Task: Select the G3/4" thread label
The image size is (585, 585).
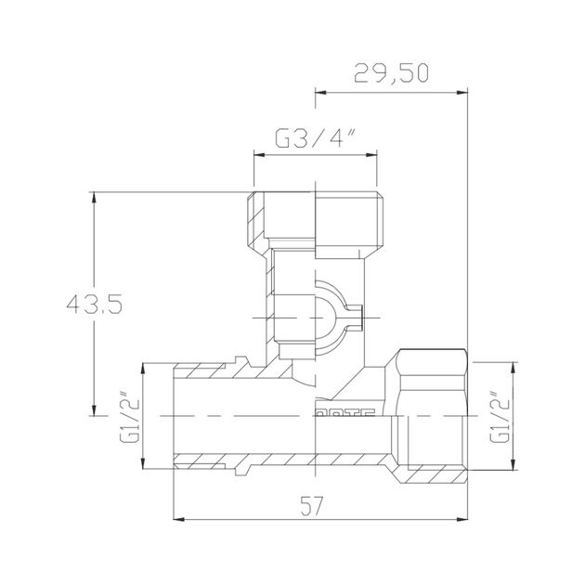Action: point(315,139)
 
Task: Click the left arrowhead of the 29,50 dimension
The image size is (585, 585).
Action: point(321,92)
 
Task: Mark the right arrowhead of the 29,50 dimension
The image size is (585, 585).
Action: point(463,92)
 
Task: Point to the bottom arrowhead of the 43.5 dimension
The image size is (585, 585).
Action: point(95,413)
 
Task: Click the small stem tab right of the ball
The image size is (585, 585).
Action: point(354,316)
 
